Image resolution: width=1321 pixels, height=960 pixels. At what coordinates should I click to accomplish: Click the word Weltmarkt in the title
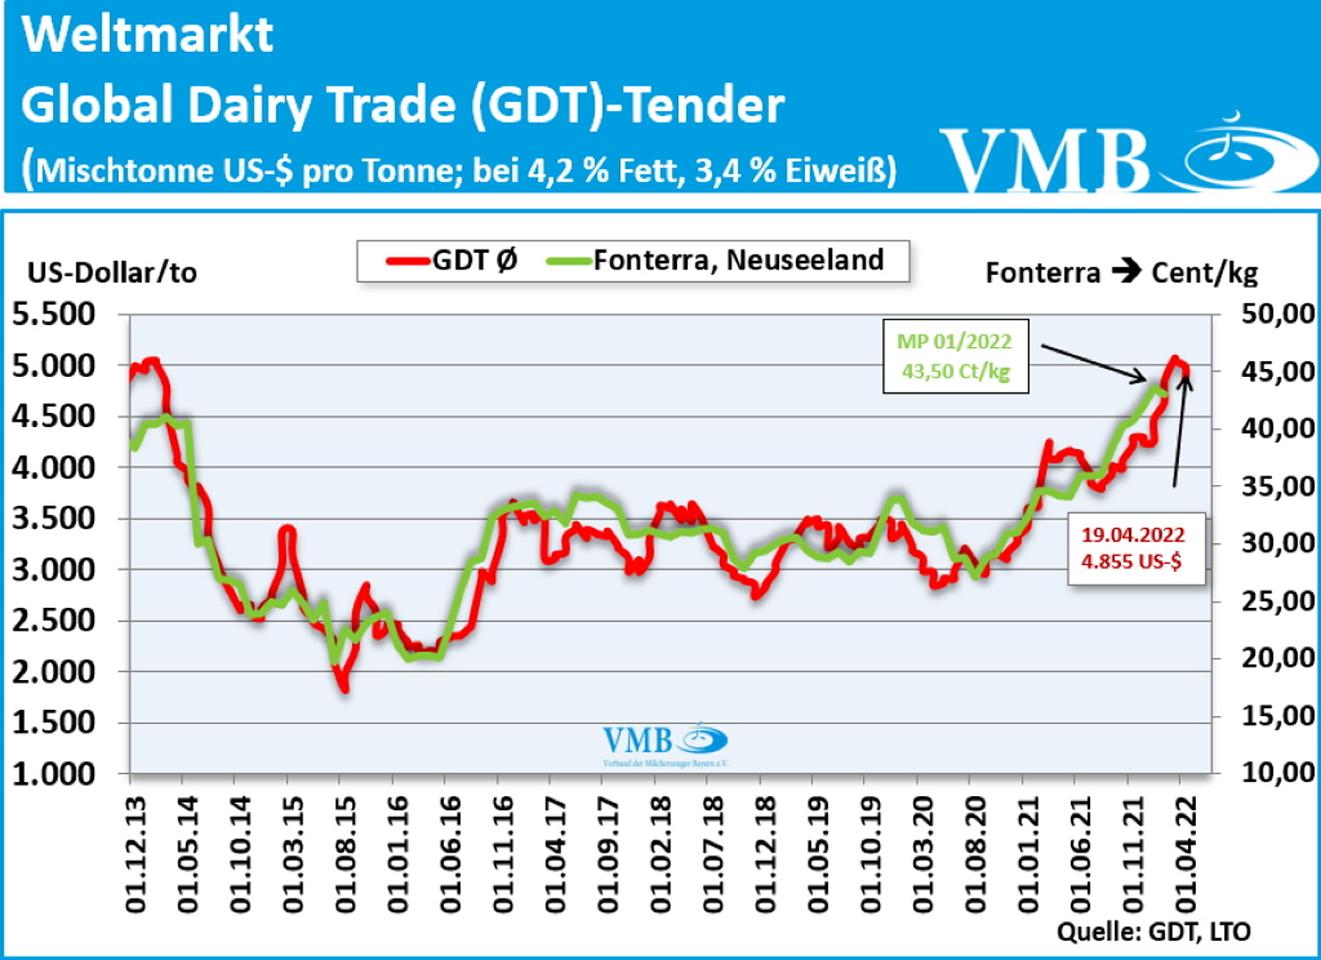click(147, 35)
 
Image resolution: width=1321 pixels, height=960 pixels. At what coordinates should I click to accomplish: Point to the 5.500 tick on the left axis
click(54, 314)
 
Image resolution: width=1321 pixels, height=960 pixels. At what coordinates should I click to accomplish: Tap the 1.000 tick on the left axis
click(54, 773)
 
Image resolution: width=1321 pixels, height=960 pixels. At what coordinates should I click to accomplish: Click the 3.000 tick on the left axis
click(54, 569)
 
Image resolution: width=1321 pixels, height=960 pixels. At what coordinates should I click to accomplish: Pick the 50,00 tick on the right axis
click(1277, 314)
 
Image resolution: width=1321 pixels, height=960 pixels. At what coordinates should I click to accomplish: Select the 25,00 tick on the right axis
click(1277, 601)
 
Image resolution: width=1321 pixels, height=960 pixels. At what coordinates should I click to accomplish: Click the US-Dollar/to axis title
click(112, 273)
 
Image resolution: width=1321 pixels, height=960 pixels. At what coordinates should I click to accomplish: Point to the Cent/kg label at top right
click(1205, 273)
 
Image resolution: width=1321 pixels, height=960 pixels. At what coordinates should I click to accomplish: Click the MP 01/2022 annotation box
click(956, 356)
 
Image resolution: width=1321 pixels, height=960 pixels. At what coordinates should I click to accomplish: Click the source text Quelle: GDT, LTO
click(1153, 932)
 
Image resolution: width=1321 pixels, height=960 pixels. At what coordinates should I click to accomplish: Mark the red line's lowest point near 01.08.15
click(344, 689)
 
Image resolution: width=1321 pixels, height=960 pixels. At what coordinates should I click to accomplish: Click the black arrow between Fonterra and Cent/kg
click(1126, 271)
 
